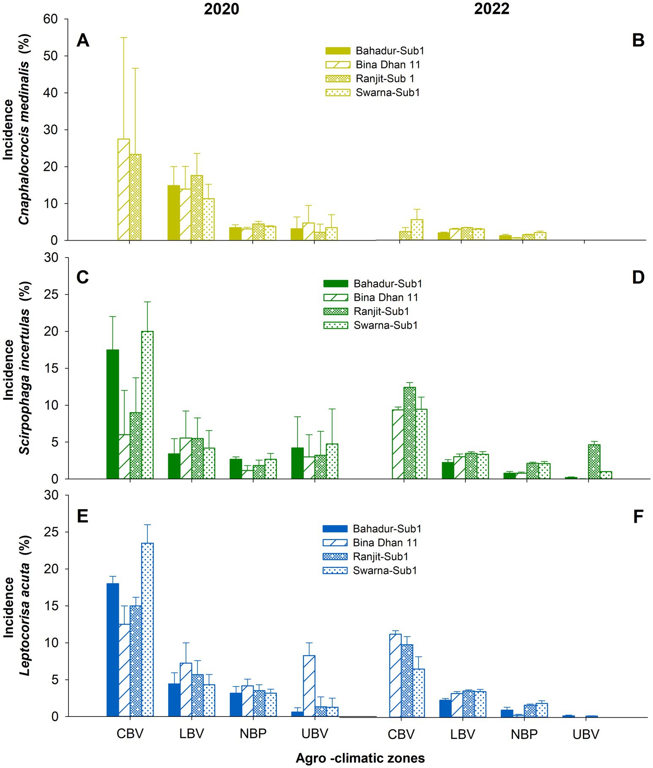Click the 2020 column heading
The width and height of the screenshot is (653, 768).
221,9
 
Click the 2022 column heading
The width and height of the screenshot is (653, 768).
491,9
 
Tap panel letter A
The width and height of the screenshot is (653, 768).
83,41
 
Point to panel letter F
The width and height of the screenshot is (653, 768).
638,516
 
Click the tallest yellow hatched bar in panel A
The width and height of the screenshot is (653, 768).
124,190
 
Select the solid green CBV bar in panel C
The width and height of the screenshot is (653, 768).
112,414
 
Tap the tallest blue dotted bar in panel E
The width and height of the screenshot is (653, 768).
148,630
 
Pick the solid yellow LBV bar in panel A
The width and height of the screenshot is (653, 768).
174,213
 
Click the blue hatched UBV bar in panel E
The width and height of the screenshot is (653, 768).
309,686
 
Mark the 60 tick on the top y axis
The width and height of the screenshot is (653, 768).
56,19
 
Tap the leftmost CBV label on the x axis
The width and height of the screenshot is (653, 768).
130,733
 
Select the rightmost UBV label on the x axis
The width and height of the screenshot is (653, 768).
586,734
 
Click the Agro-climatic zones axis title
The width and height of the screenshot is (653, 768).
360,758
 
